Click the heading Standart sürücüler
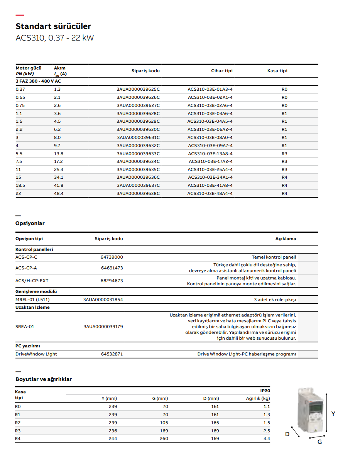click(x=53, y=26)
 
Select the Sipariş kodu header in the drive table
click(x=145, y=71)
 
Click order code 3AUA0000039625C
click(x=138, y=89)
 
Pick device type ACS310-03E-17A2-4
click(x=211, y=161)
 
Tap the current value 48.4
click(x=59, y=193)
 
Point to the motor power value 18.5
click(x=21, y=185)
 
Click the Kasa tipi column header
click(x=277, y=71)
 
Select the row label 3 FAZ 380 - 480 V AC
click(x=38, y=81)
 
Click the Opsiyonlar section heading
click(x=30, y=223)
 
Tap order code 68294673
click(x=112, y=281)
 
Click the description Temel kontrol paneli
click(x=274, y=257)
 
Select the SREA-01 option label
click(x=25, y=327)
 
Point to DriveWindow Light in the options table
click(x=36, y=354)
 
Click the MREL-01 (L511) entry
click(x=32, y=300)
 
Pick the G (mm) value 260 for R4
click(x=164, y=438)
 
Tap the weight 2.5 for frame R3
click(x=266, y=430)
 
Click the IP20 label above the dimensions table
click(x=265, y=391)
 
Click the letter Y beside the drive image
click(x=333, y=413)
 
